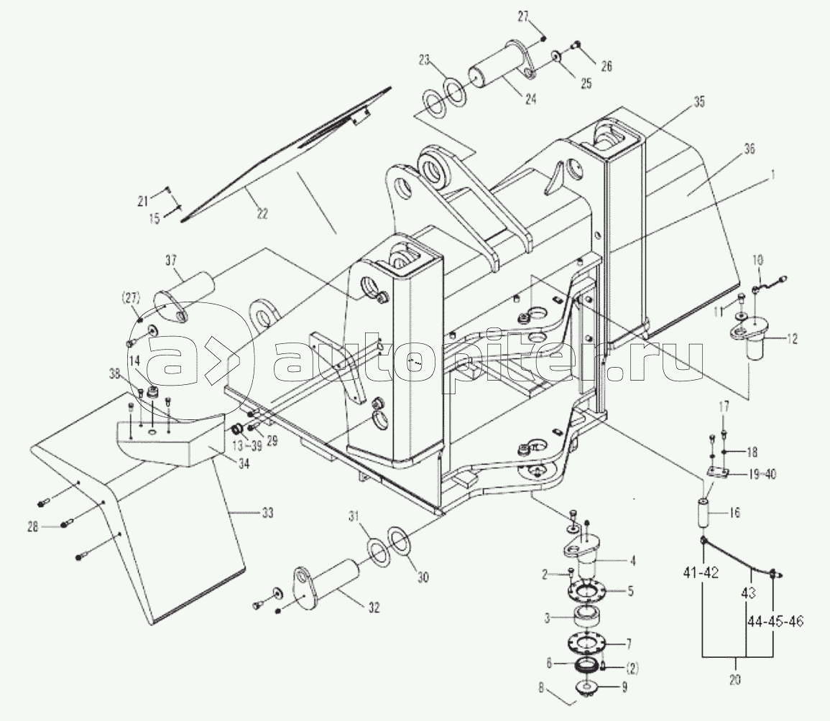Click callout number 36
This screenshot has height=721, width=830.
tap(749, 149)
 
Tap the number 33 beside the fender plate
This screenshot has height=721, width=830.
tap(267, 513)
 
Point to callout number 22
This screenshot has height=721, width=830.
tap(262, 213)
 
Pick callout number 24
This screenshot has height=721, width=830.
tap(531, 98)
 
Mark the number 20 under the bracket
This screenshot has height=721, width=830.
tap(734, 679)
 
